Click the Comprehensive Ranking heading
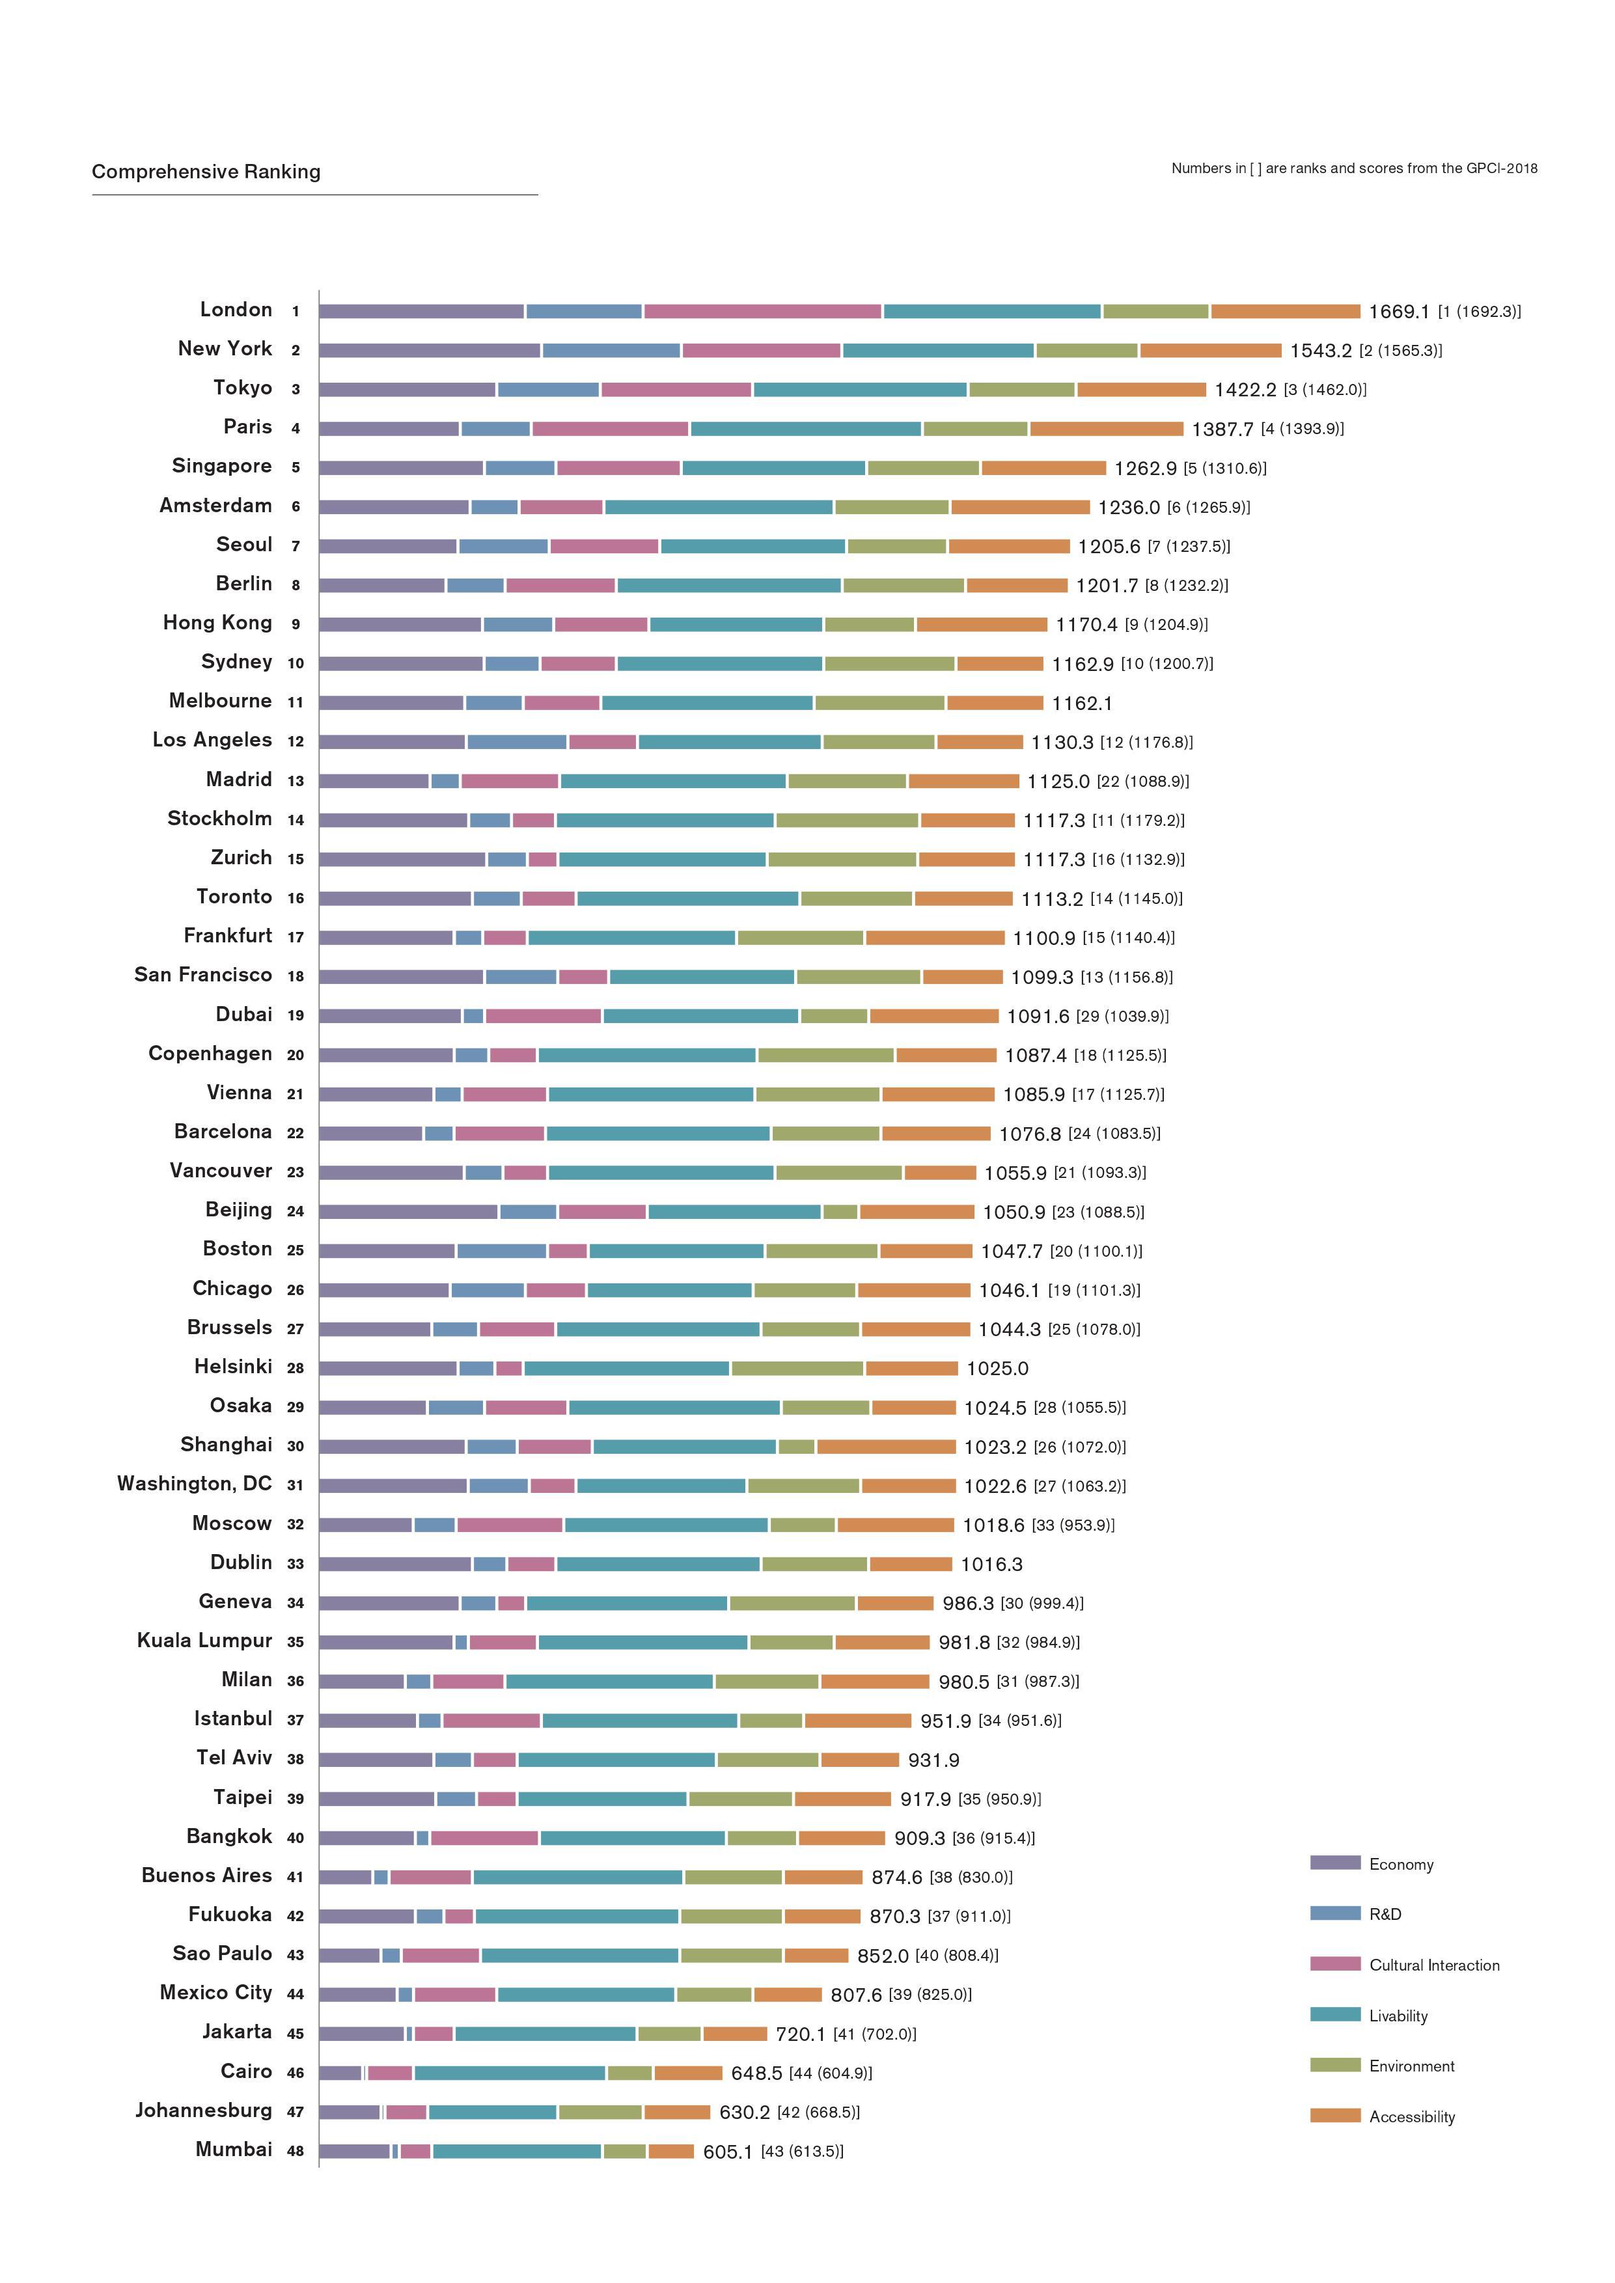tap(206, 172)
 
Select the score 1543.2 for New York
tap(1321, 351)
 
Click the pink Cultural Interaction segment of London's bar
tap(762, 311)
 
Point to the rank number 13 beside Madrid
tap(296, 780)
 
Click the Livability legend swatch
tap(1334, 2014)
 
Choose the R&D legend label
tap(1385, 1914)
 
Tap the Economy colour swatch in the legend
tap(1334, 1863)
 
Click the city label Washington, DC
tap(194, 1484)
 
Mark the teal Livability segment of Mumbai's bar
tap(516, 2152)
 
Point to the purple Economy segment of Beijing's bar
tap(407, 1211)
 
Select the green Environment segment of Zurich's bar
tap(841, 859)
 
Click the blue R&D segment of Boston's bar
tap(501, 1251)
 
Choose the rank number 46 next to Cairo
tap(296, 2073)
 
